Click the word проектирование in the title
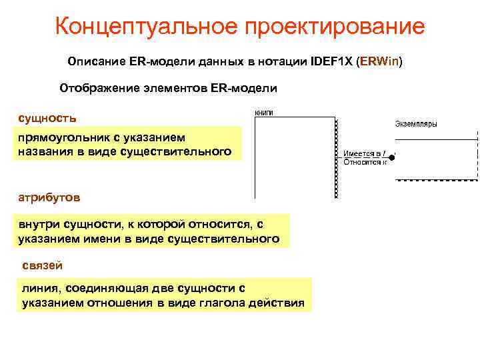tap(334, 27)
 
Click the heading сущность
tap(47, 118)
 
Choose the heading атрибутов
tap(50, 198)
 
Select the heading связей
tap(43, 265)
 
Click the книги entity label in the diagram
tap(265, 113)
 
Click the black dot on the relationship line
tap(392, 157)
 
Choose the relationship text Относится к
tap(364, 161)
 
